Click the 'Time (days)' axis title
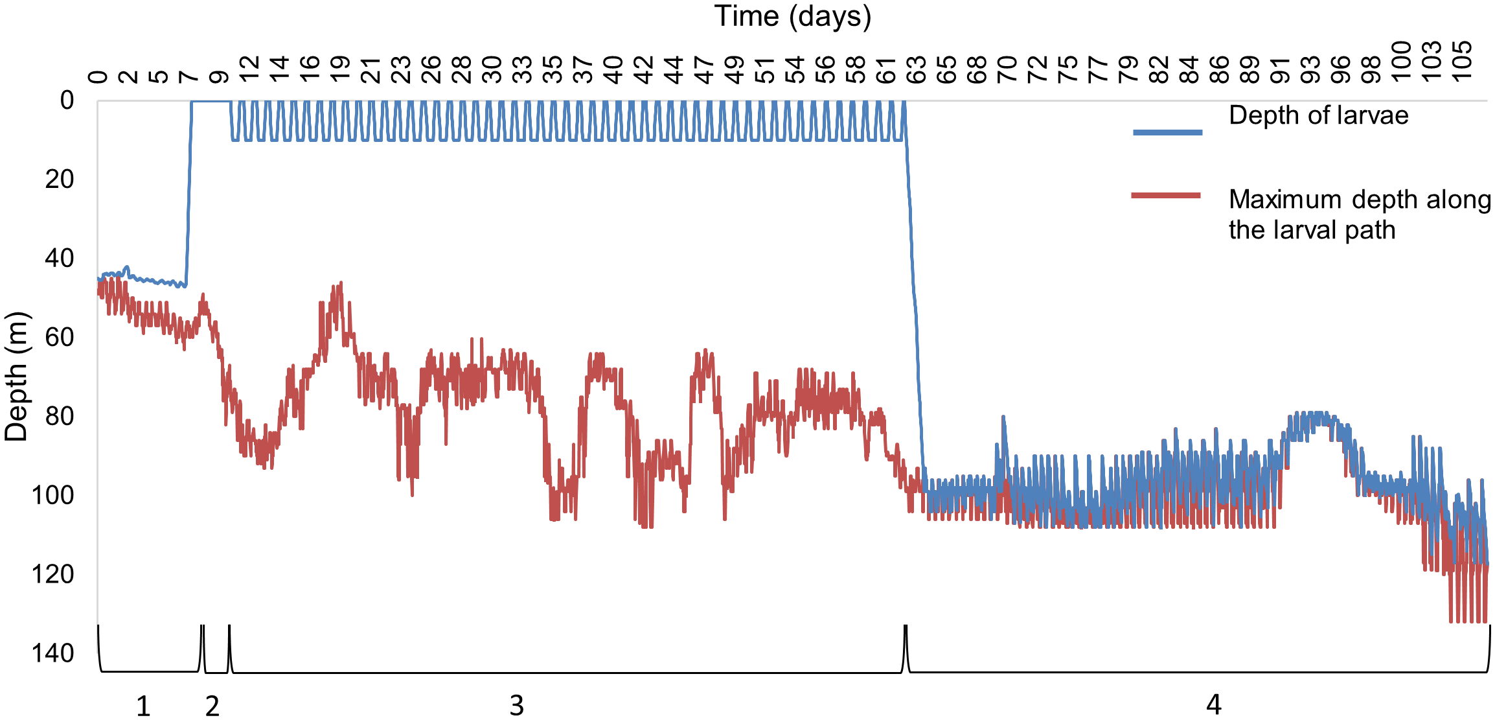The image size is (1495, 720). click(792, 16)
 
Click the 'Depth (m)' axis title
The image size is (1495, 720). click(17, 377)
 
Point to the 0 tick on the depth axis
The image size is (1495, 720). click(67, 100)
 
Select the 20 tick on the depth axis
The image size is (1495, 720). click(60, 179)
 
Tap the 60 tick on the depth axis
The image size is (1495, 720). click(60, 337)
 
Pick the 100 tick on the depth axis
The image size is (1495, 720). click(52, 495)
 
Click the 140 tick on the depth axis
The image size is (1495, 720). click(52, 653)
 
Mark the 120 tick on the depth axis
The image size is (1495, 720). click(52, 574)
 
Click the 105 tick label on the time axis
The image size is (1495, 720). click(1461, 61)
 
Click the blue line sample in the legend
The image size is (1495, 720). click(1167, 132)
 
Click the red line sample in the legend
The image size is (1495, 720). click(1166, 195)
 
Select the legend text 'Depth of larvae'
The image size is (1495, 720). click(1318, 115)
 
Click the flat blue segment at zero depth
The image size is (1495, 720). click(211, 101)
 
